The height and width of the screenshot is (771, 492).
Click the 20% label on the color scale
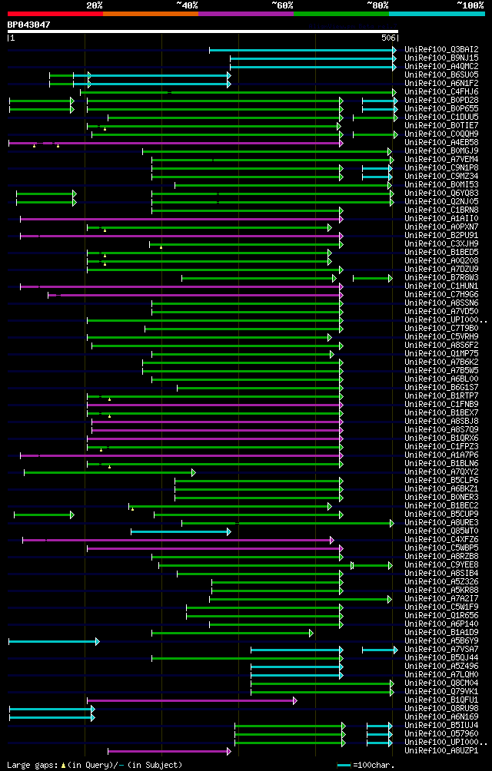point(95,5)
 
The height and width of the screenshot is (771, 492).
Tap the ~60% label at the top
point(282,5)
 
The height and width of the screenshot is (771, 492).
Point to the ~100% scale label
point(470,5)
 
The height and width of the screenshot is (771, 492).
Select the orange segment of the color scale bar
point(150,13)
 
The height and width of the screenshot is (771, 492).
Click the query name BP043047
point(28,25)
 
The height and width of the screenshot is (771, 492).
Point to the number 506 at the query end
point(387,38)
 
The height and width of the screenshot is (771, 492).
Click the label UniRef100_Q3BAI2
point(440,49)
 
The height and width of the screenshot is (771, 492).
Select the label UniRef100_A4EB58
point(440,142)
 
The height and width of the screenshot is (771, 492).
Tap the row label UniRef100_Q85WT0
point(440,531)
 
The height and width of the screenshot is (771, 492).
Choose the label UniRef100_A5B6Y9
point(440,640)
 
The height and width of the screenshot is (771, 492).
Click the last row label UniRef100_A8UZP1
point(440,750)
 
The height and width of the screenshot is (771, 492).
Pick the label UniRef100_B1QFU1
point(440,700)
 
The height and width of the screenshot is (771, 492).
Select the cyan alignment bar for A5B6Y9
point(53,641)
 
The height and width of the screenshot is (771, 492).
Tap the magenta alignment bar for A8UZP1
point(168,751)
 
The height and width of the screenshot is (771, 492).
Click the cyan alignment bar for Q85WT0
point(180,531)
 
